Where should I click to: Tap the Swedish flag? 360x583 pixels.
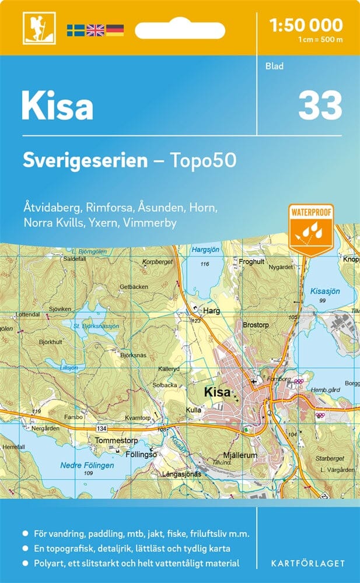click(x=75, y=30)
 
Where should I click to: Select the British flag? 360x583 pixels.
click(x=95, y=30)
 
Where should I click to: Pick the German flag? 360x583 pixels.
click(x=114, y=30)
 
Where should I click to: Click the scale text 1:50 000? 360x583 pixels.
click(x=306, y=25)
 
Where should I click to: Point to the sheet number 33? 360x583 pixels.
click(x=320, y=106)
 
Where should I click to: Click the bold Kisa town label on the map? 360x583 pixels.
click(x=217, y=392)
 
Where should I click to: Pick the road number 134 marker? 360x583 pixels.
click(x=102, y=428)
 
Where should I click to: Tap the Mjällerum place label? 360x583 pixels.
click(x=240, y=455)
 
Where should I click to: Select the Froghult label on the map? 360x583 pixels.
click(x=252, y=262)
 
